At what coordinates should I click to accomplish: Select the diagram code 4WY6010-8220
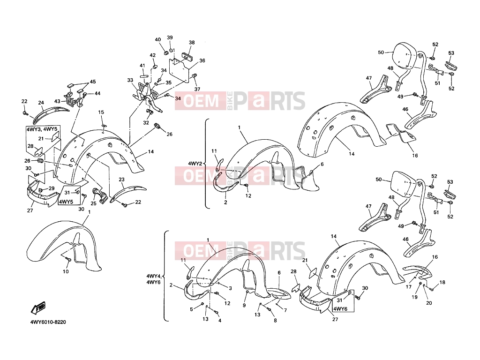coord(48,322)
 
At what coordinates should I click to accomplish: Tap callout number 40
coord(157,39)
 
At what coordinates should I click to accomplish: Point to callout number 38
coord(192,42)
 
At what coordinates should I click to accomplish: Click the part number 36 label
coord(202,60)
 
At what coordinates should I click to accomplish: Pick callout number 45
coord(92,82)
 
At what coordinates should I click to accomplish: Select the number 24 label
coord(41,103)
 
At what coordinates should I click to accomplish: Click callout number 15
coord(101,112)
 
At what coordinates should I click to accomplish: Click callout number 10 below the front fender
coord(66,271)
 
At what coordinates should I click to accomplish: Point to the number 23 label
coord(121,180)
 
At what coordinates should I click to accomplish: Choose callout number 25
coord(93,203)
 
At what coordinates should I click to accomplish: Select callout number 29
coord(52,188)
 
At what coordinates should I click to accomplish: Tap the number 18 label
coord(442,282)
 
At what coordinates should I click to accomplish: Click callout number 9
coord(244,305)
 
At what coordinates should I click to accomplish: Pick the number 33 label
coord(130,80)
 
